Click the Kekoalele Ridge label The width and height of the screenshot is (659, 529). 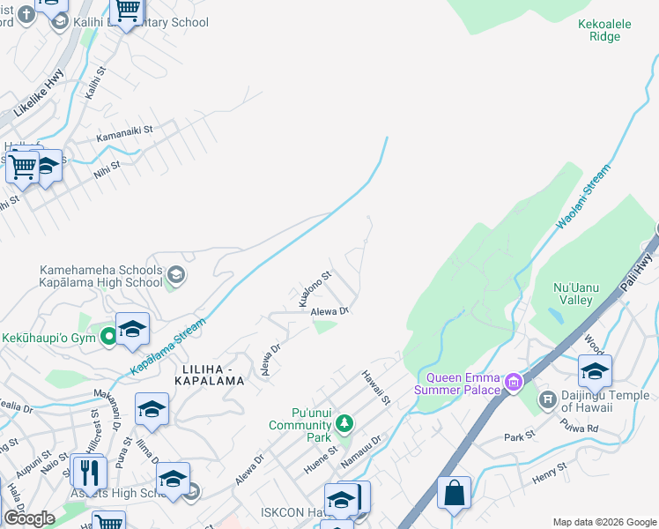pyautogui.click(x=604, y=30)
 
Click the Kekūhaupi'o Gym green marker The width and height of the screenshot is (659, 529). pyautogui.click(x=108, y=335)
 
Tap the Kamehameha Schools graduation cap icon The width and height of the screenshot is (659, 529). pyautogui.click(x=175, y=275)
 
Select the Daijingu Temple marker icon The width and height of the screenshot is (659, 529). pyautogui.click(x=547, y=399)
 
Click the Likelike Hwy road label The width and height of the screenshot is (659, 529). pyautogui.click(x=40, y=94)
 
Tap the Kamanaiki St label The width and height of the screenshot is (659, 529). pyautogui.click(x=125, y=134)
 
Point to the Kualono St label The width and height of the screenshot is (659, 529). pyautogui.click(x=315, y=288)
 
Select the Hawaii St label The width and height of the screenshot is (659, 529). pyautogui.click(x=376, y=388)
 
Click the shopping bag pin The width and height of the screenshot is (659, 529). pyautogui.click(x=454, y=494)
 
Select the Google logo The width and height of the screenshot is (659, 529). pyautogui.click(x=29, y=518)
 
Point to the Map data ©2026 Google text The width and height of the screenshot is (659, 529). pyautogui.click(x=603, y=521)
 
